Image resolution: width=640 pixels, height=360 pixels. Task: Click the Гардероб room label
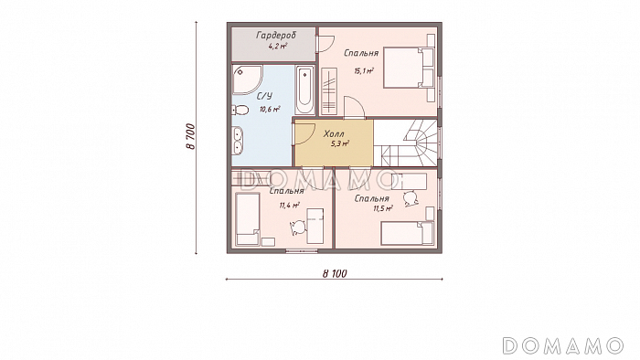[276, 36]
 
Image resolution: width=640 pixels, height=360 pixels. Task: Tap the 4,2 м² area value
[278, 46]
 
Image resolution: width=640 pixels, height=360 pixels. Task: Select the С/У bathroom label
[264, 96]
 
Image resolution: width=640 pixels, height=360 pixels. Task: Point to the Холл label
[334, 133]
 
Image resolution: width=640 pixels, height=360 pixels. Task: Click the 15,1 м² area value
[364, 71]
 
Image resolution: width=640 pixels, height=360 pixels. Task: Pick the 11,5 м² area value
[382, 208]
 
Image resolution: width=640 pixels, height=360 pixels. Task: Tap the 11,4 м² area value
[290, 205]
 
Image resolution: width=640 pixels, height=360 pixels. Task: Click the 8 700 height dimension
[191, 136]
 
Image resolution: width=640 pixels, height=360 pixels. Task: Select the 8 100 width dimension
[335, 273]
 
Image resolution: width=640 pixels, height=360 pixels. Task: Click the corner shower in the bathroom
[246, 79]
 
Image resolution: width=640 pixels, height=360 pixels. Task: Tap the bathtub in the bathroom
[304, 90]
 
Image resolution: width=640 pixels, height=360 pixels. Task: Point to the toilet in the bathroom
[240, 110]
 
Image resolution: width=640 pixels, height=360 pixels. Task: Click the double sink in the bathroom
[238, 141]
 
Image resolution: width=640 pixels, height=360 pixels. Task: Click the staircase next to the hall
[407, 143]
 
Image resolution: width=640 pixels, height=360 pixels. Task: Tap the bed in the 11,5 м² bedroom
[407, 234]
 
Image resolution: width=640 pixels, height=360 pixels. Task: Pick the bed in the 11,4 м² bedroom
[248, 219]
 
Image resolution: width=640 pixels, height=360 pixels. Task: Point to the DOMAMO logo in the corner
[563, 345]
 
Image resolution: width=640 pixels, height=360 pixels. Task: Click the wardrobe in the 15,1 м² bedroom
[329, 91]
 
